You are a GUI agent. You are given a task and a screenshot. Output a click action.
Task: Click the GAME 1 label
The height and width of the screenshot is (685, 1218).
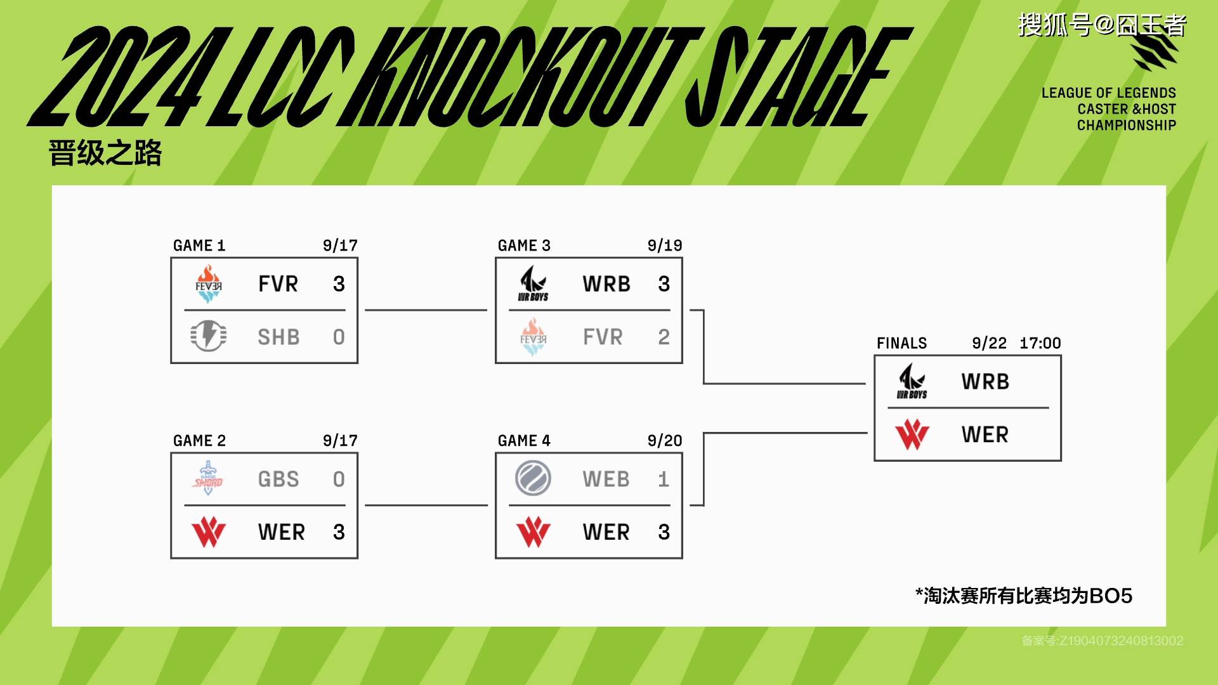pyautogui.click(x=199, y=245)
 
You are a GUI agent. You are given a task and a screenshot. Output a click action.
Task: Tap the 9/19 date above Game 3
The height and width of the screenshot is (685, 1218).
pyautogui.click(x=665, y=245)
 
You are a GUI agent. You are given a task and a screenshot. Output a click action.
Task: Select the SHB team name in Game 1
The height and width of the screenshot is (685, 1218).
pyautogui.click(x=278, y=337)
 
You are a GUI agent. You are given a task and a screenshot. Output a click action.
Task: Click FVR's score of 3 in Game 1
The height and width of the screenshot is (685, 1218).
pyautogui.click(x=339, y=284)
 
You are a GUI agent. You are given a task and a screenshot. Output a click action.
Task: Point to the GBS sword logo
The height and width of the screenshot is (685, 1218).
pyautogui.click(x=208, y=478)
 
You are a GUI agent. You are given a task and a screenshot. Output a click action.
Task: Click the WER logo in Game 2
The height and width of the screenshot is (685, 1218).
pyautogui.click(x=209, y=532)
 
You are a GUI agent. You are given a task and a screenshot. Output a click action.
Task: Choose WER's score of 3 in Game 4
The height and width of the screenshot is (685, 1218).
pyautogui.click(x=664, y=532)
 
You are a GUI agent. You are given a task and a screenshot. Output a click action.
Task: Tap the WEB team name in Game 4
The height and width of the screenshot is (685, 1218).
pyautogui.click(x=606, y=479)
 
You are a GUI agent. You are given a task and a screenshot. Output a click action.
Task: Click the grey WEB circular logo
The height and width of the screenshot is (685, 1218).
pyautogui.click(x=533, y=478)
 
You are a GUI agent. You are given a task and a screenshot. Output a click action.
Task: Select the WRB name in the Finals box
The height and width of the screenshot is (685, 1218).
pyautogui.click(x=985, y=381)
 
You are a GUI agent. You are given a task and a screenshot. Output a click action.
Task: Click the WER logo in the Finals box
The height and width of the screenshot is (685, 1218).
pyautogui.click(x=912, y=434)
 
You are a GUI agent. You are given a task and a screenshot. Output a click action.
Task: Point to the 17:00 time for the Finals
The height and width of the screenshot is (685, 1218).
pyautogui.click(x=1040, y=343)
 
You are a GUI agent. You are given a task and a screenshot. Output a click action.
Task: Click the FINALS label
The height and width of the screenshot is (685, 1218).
pyautogui.click(x=901, y=343)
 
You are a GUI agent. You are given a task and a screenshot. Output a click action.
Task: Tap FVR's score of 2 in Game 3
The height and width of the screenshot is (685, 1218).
pyautogui.click(x=664, y=337)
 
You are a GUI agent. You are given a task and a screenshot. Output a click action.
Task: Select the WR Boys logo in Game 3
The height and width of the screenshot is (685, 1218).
pyautogui.click(x=533, y=283)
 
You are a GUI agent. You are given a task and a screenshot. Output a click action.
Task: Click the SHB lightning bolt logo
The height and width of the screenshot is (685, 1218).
pyautogui.click(x=208, y=336)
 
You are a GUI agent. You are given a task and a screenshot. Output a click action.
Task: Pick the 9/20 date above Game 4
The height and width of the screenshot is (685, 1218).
pyautogui.click(x=665, y=441)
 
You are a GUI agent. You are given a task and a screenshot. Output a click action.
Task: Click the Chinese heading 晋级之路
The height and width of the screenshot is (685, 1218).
pyautogui.click(x=105, y=153)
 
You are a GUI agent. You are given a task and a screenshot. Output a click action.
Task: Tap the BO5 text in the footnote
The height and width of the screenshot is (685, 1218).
pyautogui.click(x=1110, y=596)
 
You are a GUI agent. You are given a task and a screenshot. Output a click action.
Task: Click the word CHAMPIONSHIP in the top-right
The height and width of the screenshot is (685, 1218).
pyautogui.click(x=1127, y=125)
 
